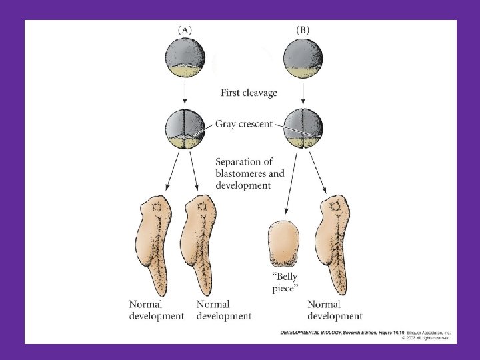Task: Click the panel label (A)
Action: tap(185, 29)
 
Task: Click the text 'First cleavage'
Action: tap(249, 93)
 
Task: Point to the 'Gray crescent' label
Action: tap(244, 125)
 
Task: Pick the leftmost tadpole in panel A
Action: tap(157, 247)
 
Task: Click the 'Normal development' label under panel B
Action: tap(335, 310)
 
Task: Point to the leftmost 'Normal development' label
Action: tap(157, 310)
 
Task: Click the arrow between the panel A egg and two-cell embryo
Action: tap(185, 92)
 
